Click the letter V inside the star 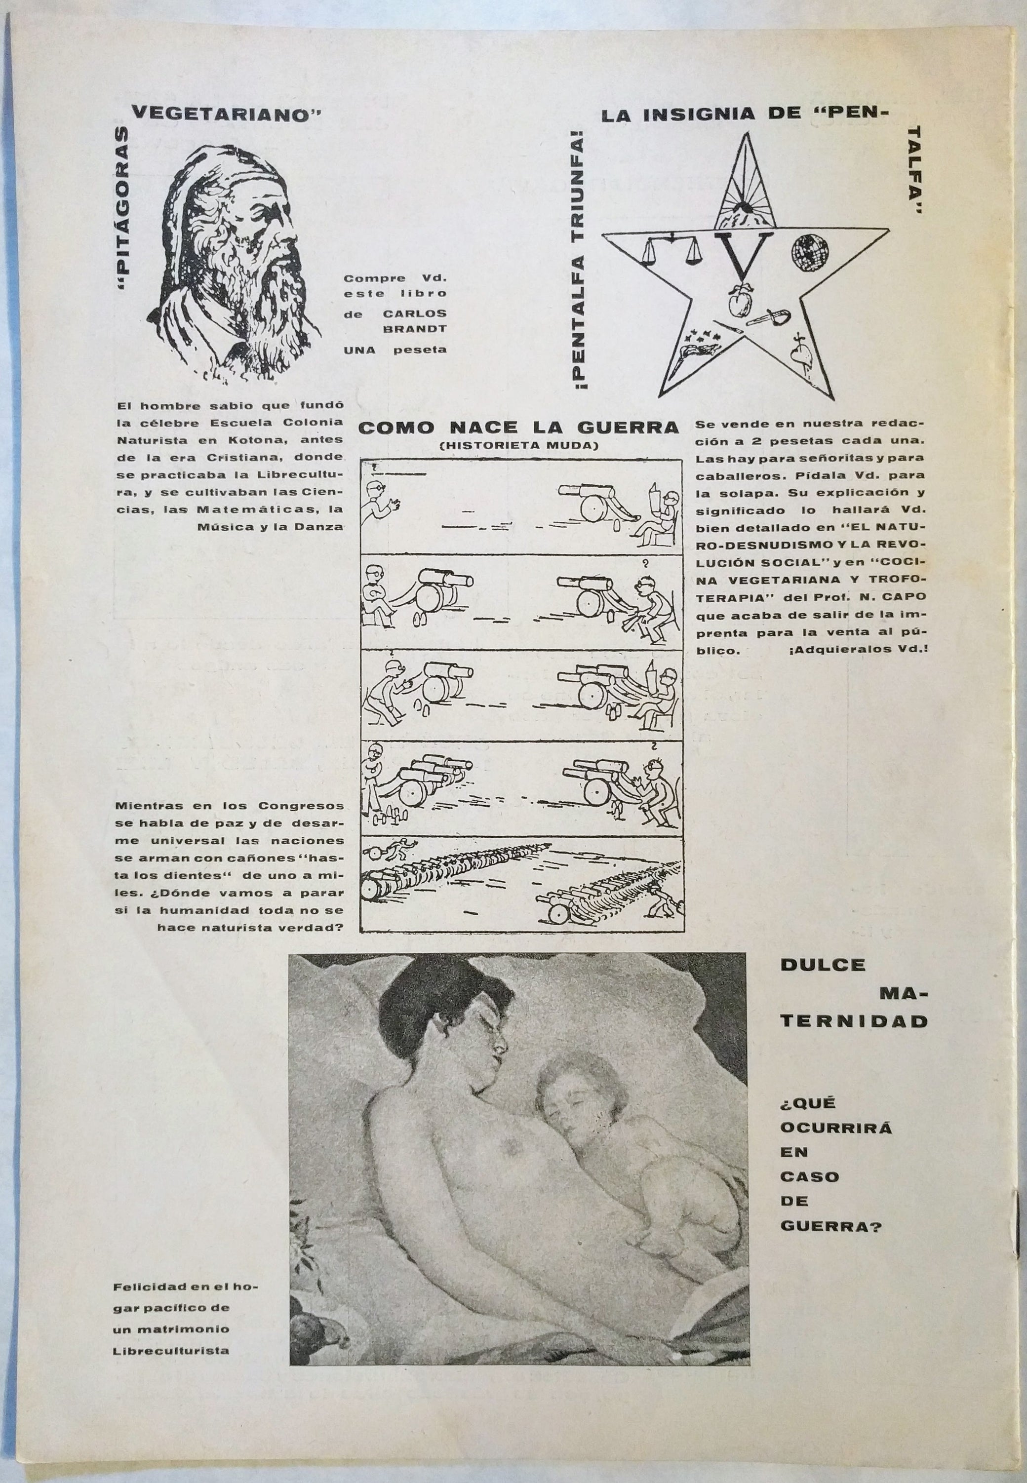[747, 252]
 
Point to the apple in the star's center [740, 303]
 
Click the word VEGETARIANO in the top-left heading [226, 115]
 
